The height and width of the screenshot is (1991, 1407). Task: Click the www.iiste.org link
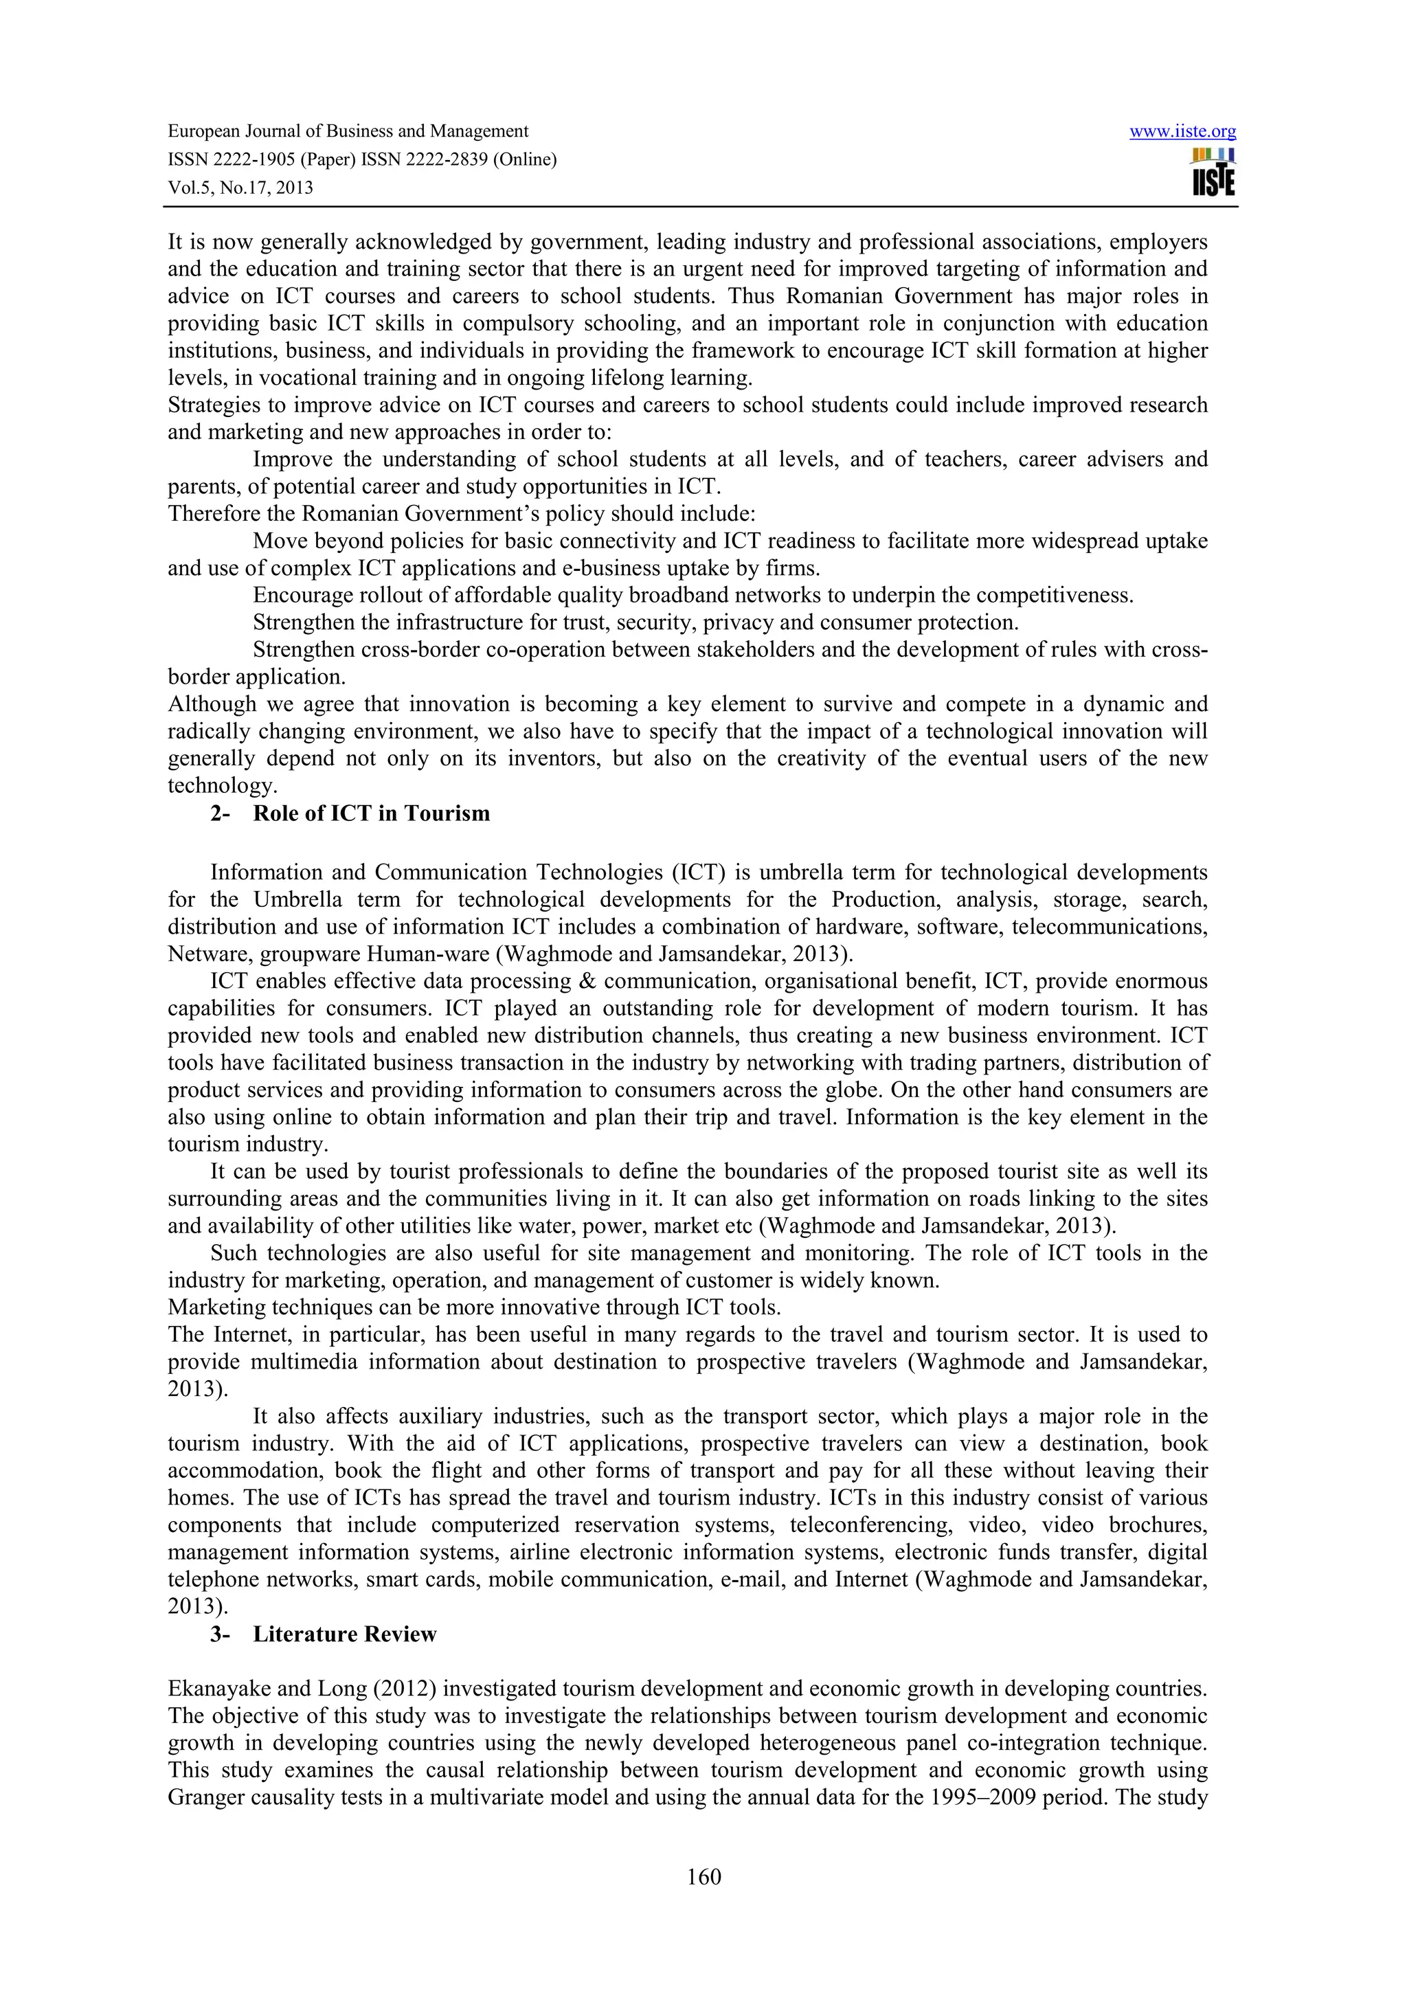tap(1182, 132)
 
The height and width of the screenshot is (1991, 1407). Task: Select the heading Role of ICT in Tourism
tap(371, 813)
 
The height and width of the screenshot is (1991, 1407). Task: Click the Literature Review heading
tap(344, 1634)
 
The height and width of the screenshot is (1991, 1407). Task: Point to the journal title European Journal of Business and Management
tap(348, 131)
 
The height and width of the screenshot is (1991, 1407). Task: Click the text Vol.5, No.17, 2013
tap(240, 188)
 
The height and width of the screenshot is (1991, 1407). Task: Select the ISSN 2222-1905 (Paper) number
tap(261, 159)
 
